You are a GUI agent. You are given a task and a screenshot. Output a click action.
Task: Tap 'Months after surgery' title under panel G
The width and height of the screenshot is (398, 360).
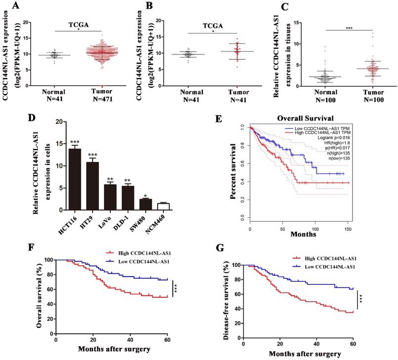[305, 354]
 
